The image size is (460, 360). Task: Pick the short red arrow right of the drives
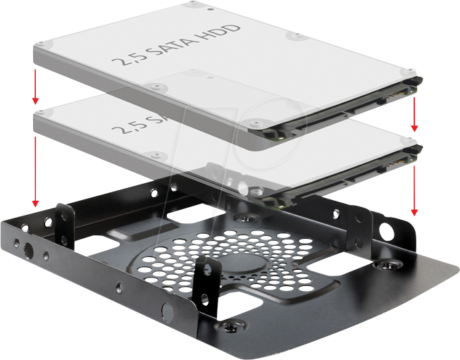415,114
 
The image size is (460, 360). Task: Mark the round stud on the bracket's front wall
167,311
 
